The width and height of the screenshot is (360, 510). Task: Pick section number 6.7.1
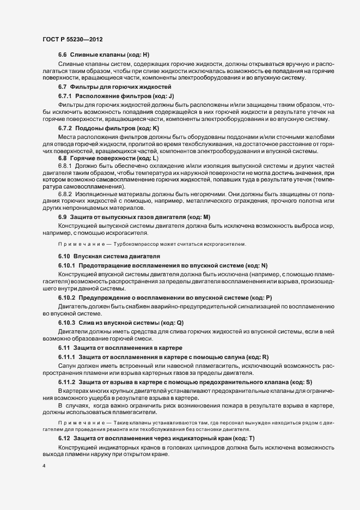pos(65,95)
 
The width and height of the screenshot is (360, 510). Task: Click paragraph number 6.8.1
pos(65,166)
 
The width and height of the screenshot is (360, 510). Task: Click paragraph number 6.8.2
pos(65,193)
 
